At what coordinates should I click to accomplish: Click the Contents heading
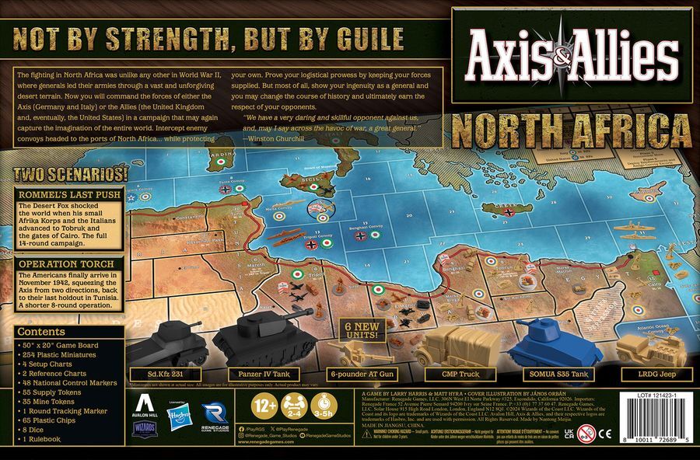pos(47,331)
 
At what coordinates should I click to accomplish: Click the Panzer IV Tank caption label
pos(254,374)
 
